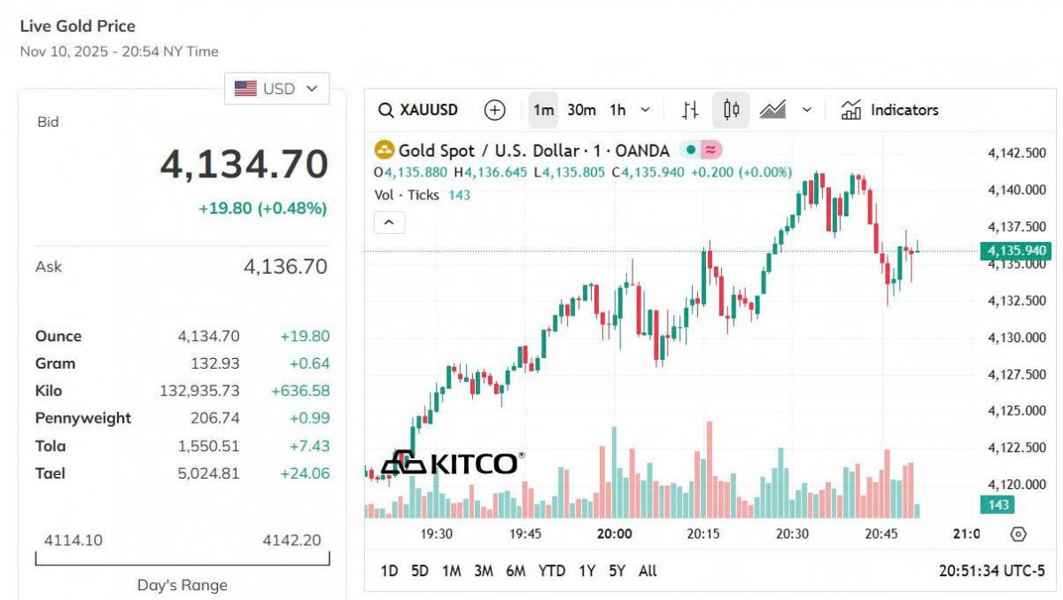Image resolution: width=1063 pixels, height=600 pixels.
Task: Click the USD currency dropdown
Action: (276, 89)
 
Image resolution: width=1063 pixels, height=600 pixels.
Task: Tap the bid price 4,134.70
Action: (244, 165)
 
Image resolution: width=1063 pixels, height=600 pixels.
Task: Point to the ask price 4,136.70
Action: (285, 266)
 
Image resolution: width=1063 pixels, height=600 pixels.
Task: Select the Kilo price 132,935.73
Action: (199, 391)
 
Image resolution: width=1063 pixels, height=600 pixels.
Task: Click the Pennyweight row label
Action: (83, 418)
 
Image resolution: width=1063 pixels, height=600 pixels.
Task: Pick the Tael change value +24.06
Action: (305, 473)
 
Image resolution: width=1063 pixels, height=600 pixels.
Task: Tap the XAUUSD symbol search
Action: (418, 110)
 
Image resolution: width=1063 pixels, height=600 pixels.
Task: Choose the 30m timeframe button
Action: (581, 110)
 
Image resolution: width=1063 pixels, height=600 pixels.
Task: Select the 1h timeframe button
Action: (617, 110)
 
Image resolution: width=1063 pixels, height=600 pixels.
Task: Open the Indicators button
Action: (889, 110)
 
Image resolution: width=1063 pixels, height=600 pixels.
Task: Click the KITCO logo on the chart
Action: (452, 462)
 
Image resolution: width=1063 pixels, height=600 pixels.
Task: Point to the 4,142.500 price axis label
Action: (1016, 153)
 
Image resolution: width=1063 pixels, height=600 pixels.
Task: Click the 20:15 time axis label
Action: (703, 534)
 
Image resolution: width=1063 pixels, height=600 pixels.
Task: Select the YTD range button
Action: (551, 571)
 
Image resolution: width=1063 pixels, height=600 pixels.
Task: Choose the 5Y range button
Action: (617, 571)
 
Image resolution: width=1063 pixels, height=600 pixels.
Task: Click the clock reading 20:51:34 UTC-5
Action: (991, 571)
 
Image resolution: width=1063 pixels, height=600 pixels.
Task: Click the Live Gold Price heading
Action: (78, 27)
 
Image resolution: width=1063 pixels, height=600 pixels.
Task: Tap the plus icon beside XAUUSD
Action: (494, 110)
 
